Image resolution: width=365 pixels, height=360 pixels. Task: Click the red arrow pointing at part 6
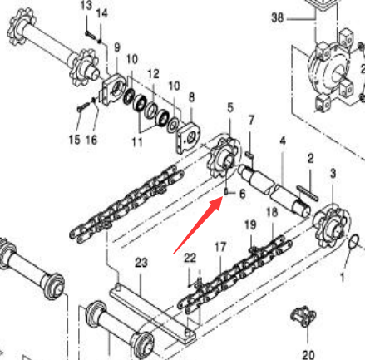[197, 224]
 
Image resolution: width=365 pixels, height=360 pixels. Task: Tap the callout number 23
[141, 263]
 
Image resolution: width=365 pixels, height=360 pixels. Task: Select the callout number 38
[278, 17]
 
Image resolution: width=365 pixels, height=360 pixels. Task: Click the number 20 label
[308, 355]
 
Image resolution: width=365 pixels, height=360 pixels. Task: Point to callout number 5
[230, 107]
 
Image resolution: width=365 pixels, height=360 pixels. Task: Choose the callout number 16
[91, 140]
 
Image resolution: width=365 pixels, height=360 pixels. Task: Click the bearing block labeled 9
[113, 90]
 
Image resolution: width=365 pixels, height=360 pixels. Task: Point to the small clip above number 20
[303, 316]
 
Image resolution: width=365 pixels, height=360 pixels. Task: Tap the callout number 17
[220, 247]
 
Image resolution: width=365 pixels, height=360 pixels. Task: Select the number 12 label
[153, 74]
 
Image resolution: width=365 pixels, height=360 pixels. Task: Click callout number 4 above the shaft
[282, 141]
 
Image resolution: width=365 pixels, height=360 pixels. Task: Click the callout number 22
[190, 258]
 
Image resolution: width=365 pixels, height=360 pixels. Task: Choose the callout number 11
[137, 142]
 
